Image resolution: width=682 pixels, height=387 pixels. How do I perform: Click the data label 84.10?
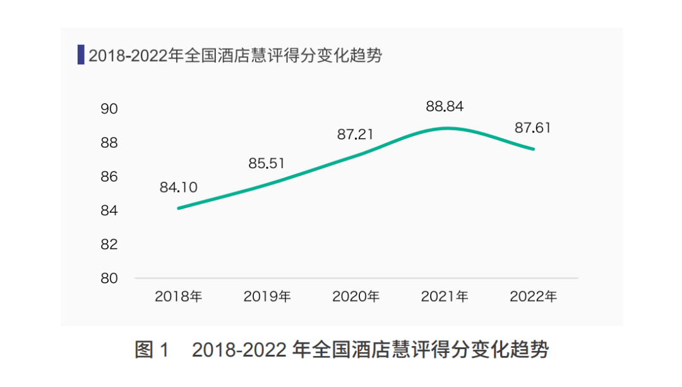(x=179, y=187)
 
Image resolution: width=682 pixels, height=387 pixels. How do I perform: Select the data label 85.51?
(x=266, y=164)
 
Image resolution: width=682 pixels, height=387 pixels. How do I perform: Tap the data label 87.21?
(x=355, y=134)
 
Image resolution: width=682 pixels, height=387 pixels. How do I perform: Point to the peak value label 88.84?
(x=445, y=107)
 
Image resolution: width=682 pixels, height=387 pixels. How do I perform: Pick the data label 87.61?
(x=533, y=128)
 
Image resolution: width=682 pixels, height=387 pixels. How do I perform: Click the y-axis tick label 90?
(x=109, y=109)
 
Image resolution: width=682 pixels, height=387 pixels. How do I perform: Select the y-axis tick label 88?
(x=109, y=143)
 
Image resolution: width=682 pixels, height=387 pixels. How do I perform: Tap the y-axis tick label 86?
(x=109, y=177)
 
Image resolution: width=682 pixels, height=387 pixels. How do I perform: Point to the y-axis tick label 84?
(x=109, y=210)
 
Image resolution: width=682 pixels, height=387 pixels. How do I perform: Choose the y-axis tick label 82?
(x=109, y=244)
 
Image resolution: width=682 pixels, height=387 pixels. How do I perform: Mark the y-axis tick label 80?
(x=109, y=278)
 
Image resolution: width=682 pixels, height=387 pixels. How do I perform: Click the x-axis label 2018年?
(x=179, y=297)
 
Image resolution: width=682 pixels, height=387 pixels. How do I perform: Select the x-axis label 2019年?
(x=267, y=297)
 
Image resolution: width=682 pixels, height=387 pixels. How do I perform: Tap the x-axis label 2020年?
(x=356, y=297)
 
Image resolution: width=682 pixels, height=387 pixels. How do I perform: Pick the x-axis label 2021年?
(x=445, y=297)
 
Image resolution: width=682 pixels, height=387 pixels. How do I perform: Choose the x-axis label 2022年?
(x=533, y=297)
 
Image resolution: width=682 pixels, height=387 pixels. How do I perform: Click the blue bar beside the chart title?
(x=81, y=55)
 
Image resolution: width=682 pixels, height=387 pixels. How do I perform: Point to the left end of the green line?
(x=179, y=208)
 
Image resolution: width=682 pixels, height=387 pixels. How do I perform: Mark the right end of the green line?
(x=534, y=149)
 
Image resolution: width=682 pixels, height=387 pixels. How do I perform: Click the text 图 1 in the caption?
(x=152, y=350)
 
